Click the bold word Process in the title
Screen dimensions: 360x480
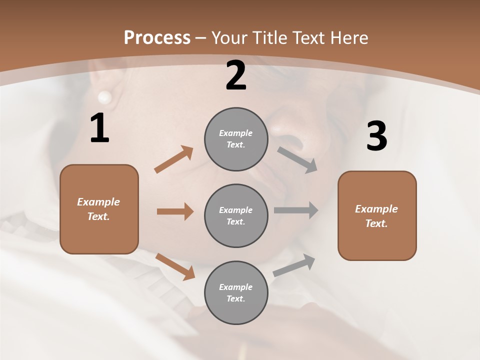click(x=157, y=37)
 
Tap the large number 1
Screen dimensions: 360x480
click(x=99, y=128)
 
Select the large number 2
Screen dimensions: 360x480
click(x=236, y=76)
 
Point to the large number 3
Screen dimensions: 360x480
click(x=376, y=136)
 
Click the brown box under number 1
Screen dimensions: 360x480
click(x=99, y=209)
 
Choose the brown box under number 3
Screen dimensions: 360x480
click(x=377, y=215)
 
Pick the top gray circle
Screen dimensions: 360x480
click(x=236, y=139)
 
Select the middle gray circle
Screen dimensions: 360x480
click(x=236, y=215)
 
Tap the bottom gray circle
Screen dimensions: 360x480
click(x=236, y=292)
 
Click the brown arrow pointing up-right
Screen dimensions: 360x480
click(x=174, y=159)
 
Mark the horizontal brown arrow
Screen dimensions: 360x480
click(x=175, y=211)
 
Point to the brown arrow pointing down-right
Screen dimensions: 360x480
click(x=175, y=266)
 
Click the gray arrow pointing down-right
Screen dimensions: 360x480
click(x=297, y=159)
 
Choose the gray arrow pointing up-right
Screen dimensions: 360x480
click(x=294, y=265)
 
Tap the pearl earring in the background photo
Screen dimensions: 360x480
click(x=104, y=96)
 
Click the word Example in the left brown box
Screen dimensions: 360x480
click(x=98, y=202)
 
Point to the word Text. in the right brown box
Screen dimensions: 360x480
click(x=376, y=223)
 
